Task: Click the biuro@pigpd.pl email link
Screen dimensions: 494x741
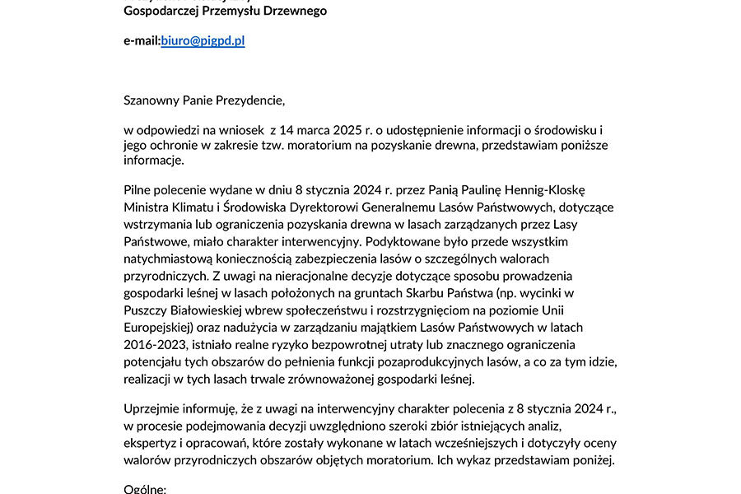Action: click(203, 40)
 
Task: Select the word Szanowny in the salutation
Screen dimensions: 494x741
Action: click(150, 100)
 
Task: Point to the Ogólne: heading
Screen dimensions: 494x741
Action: click(145, 489)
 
